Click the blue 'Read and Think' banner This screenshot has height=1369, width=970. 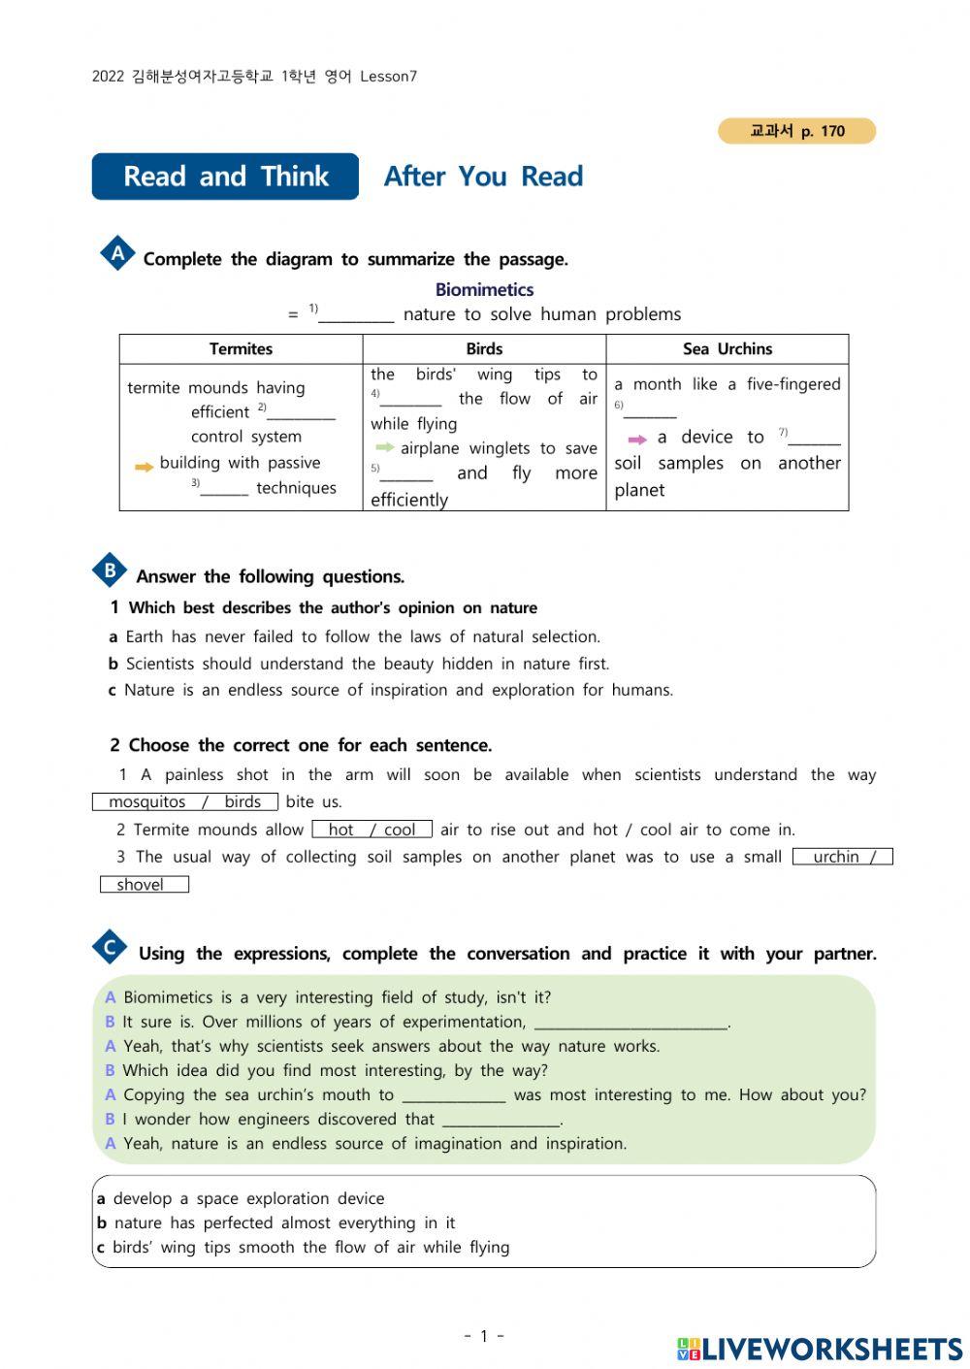(225, 177)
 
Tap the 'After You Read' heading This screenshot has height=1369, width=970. (483, 177)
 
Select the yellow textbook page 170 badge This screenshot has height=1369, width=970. (796, 131)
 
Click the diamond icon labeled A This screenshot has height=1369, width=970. (117, 254)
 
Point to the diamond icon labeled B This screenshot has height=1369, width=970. (110, 570)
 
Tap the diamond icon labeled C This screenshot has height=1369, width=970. (110, 948)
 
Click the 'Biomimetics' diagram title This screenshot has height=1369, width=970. (484, 289)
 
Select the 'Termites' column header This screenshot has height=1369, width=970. (241, 349)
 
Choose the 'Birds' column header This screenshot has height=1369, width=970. (484, 349)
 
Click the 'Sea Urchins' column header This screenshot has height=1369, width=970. (727, 349)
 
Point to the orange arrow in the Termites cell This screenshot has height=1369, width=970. (144, 467)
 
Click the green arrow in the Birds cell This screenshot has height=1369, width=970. (385, 447)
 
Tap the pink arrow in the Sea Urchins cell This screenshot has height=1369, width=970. (637, 440)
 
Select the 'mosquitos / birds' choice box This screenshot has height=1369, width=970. (184, 801)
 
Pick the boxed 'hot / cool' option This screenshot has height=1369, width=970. (372, 830)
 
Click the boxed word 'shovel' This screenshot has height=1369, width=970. (144, 885)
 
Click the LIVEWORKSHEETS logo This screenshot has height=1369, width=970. (820, 1349)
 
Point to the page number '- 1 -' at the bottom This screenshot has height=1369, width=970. (484, 1336)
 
